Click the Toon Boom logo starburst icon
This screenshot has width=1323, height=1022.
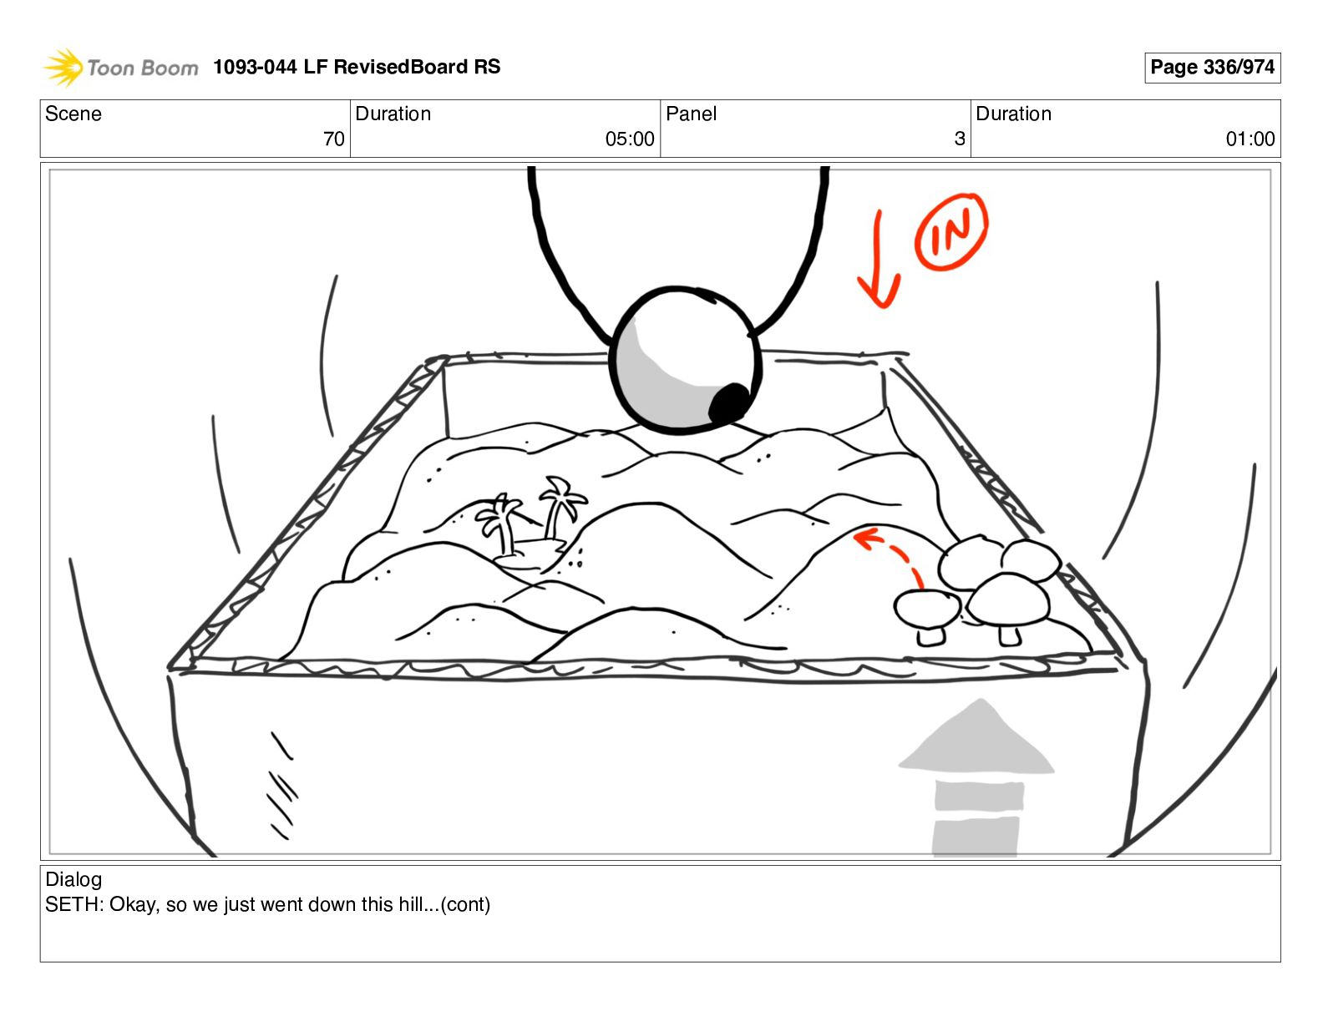[x=63, y=68]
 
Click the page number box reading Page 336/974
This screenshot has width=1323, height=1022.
[x=1212, y=68]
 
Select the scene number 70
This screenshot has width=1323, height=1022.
[x=333, y=139]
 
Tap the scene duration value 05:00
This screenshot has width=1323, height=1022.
[x=630, y=139]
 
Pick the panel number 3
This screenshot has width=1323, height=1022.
[x=960, y=139]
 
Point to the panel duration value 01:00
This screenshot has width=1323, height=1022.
[x=1249, y=139]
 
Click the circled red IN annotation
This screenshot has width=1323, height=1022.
[x=951, y=231]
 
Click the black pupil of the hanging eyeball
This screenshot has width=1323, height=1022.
[x=729, y=403]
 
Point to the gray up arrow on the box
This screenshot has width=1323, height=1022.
[x=977, y=776]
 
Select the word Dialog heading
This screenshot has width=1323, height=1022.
[x=73, y=879]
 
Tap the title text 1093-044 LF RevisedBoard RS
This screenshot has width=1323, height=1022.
[x=357, y=68]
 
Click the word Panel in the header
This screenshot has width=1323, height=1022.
[x=691, y=114]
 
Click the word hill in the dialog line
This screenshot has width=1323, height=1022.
[x=412, y=905]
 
